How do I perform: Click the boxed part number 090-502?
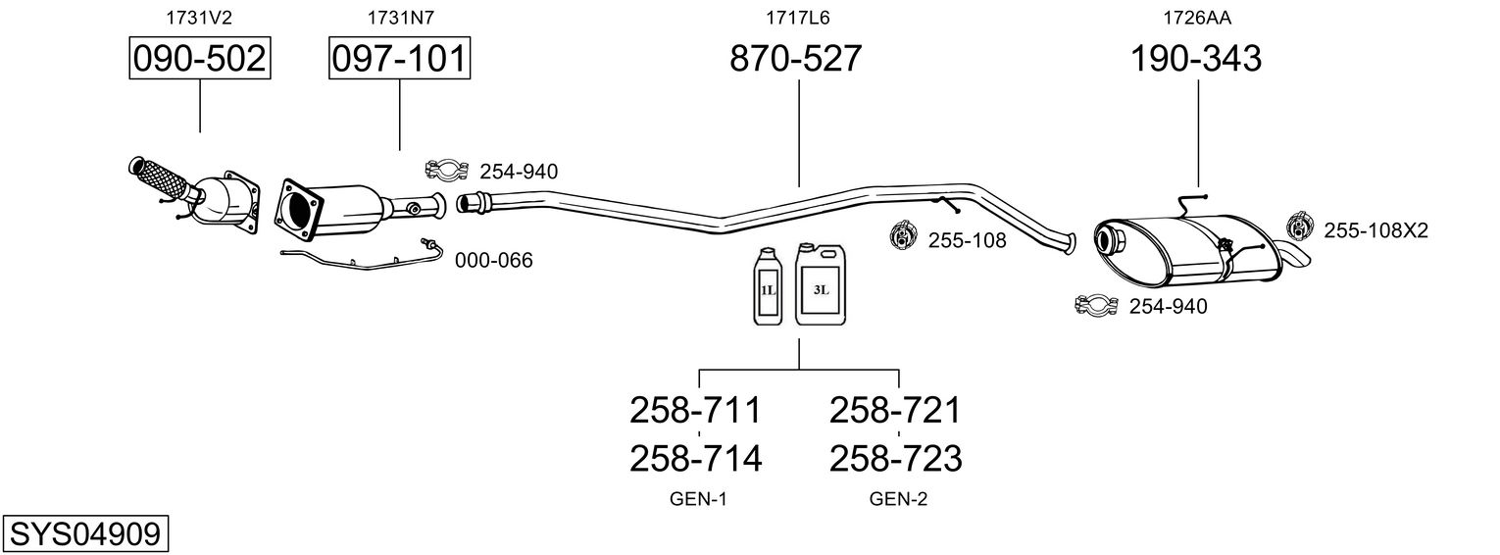pos(200,60)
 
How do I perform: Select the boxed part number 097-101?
pos(399,60)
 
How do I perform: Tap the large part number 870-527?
pos(795,60)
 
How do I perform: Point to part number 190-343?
pos(1196,60)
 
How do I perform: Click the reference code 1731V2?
pos(200,17)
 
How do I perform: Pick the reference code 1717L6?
pos(795,17)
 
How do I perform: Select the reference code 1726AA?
pos(1196,17)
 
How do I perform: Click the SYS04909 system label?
pos(84,534)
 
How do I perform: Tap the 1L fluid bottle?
pos(767,287)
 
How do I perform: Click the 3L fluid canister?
pos(820,284)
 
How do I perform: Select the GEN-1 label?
pos(698,499)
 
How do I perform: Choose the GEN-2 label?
pos(898,499)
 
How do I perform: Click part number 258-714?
pos(695,458)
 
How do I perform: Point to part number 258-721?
pos(895,410)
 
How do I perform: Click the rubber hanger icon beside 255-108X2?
pos(1299,227)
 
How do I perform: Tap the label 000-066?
pos(493,261)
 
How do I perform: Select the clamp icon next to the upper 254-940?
pos(445,171)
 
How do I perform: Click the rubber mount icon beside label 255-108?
pos(901,236)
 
